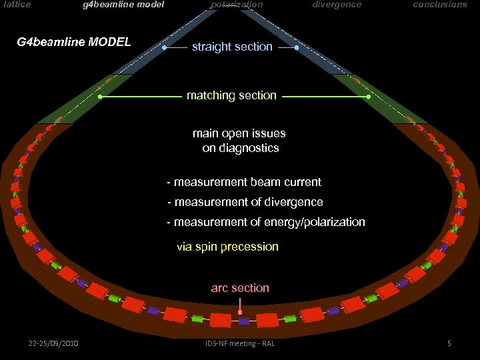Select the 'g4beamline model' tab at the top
tap(123, 5)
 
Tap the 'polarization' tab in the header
tap(237, 5)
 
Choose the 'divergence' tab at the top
tap(337, 5)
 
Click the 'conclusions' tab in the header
tap(440, 5)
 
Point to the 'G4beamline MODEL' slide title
tap(74, 43)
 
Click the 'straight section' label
tap(232, 47)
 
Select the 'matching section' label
tap(231, 95)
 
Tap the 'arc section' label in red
tap(240, 288)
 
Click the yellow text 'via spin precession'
tap(227, 247)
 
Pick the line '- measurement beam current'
tap(244, 182)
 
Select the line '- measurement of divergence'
tap(245, 202)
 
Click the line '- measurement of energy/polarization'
tap(266, 222)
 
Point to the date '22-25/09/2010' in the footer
tap(53, 343)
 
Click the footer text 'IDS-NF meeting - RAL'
tap(240, 343)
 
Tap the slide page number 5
tap(449, 343)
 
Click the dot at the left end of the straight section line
tap(165, 48)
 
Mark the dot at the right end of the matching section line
tap(369, 97)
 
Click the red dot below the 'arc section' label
tap(240, 312)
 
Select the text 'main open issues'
tap(239, 133)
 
